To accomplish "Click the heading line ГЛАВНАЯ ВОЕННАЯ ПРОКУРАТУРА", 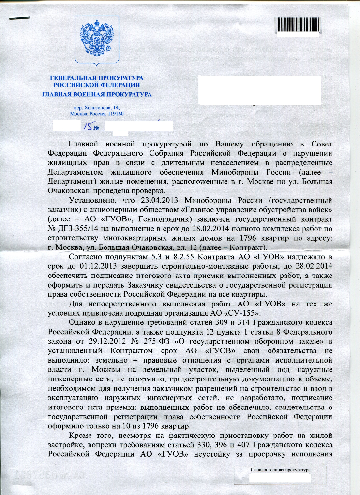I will (x=97, y=94).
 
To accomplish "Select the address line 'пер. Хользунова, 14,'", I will (x=97, y=107).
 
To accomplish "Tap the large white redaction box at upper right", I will (x=259, y=89).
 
